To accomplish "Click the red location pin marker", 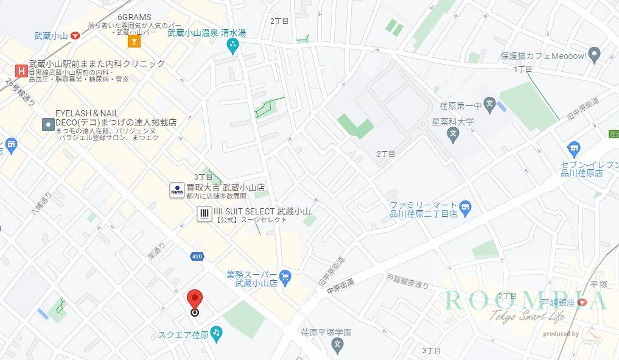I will (194, 300).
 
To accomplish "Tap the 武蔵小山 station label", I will (51, 36).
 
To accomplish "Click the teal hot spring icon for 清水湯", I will (232, 45).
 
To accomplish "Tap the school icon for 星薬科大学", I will (452, 134).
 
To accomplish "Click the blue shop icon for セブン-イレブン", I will (573, 149).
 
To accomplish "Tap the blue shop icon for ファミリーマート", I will (466, 208).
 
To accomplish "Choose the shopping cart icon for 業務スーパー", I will (285, 278).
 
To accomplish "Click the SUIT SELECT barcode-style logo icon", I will (205, 214).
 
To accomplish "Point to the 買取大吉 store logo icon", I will (177, 190).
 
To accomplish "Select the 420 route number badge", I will (197, 256).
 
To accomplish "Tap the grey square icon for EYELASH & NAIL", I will (47, 124).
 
